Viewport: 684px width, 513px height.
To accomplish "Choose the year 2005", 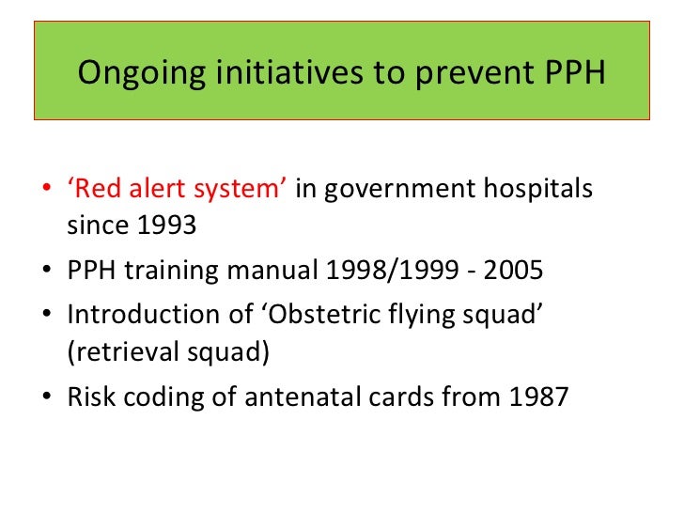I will (x=514, y=272).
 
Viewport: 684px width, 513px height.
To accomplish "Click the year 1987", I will (x=538, y=396).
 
